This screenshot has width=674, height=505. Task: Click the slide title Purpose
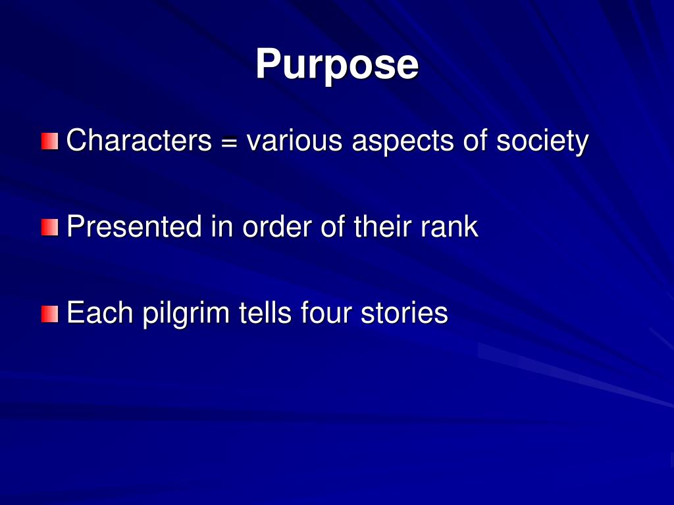coord(336,64)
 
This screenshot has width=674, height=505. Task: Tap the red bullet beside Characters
coord(49,141)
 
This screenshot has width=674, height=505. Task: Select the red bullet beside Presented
coord(49,228)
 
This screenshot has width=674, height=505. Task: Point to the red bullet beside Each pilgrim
coord(49,314)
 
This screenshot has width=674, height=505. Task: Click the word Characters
coord(139,141)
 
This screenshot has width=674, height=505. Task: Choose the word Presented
coord(134,228)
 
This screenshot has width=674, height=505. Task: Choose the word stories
coord(404,314)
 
